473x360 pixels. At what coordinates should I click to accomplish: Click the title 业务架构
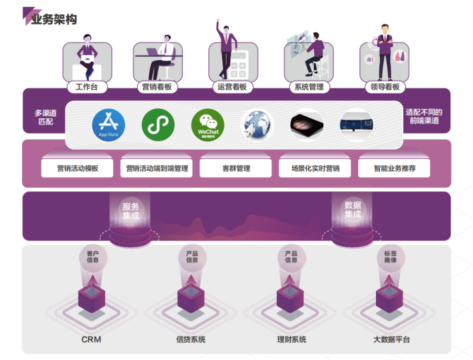(53, 18)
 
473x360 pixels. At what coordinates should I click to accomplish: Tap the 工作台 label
(87, 87)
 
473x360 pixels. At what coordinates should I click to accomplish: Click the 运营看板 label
(232, 87)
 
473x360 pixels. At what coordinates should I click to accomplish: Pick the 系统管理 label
(308, 87)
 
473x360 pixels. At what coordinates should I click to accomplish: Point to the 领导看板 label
(383, 87)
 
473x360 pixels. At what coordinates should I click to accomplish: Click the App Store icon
(108, 124)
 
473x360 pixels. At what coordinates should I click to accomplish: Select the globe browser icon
(256, 125)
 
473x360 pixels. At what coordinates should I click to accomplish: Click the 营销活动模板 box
(78, 168)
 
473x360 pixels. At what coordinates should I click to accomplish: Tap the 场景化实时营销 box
(315, 168)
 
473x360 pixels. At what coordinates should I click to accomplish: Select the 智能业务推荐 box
(394, 168)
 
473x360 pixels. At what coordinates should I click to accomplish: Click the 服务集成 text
(131, 210)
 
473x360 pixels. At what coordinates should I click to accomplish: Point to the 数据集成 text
(353, 210)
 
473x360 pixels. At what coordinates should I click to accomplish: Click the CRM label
(91, 340)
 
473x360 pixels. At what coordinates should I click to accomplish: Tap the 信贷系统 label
(190, 340)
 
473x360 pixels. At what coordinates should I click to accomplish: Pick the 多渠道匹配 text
(44, 117)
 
